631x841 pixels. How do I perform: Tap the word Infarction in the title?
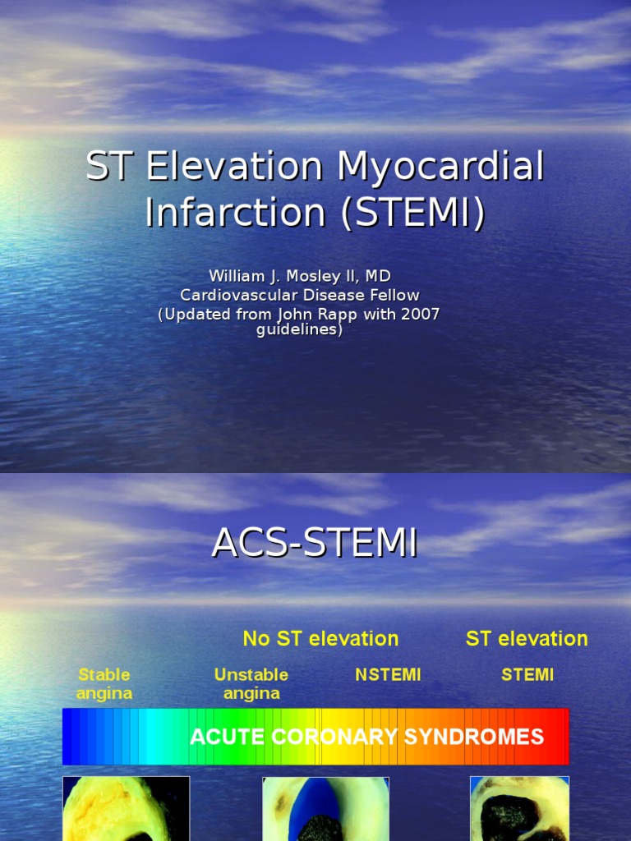[x=235, y=212]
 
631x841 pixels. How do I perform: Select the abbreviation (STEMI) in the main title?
[x=413, y=213]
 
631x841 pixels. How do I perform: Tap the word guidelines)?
[x=299, y=329]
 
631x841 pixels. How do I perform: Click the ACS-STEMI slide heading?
[x=315, y=544]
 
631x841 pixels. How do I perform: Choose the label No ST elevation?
[x=320, y=639]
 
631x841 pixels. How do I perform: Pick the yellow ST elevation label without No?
[x=527, y=639]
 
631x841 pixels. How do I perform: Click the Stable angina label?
[x=104, y=684]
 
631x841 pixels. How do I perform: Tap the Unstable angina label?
[x=251, y=684]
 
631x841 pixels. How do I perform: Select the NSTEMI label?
[x=388, y=675]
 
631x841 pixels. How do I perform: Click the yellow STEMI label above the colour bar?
[x=527, y=675]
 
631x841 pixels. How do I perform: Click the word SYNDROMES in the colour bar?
[x=474, y=737]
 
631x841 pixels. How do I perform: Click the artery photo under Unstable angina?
[x=325, y=809]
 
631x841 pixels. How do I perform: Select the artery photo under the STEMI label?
[x=519, y=809]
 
